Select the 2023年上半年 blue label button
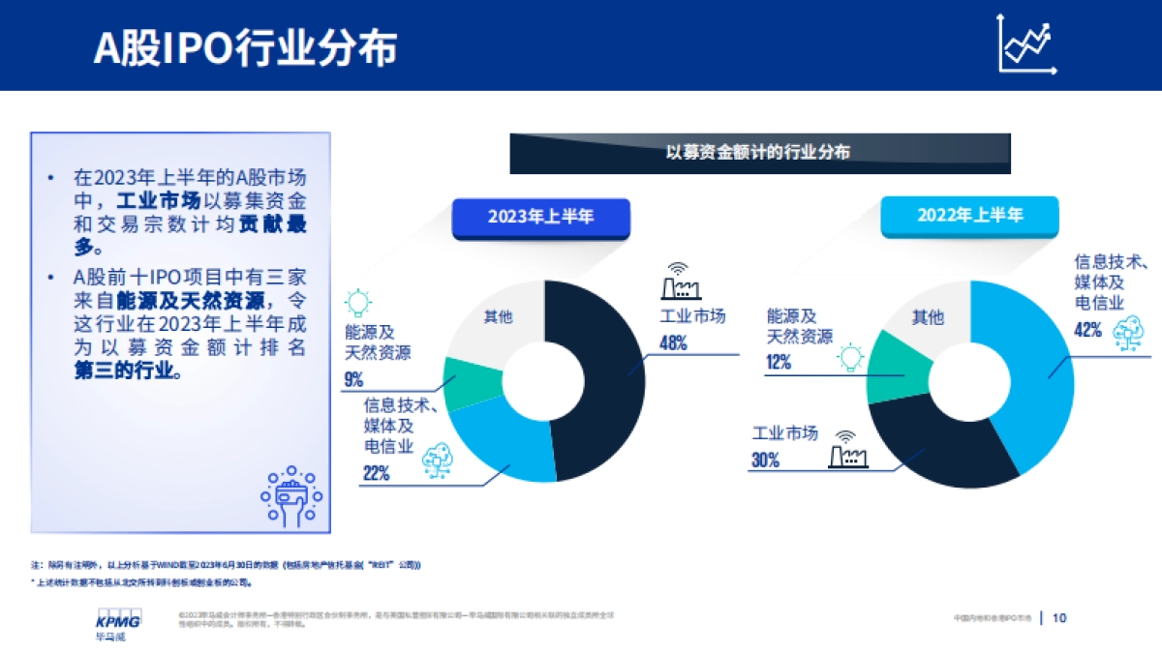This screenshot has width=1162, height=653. click(x=540, y=217)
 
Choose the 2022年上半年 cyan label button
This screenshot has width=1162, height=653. click(x=970, y=216)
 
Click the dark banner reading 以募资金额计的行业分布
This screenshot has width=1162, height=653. click(x=760, y=153)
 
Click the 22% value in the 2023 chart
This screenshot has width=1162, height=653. click(x=377, y=473)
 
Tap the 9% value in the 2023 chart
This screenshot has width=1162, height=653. click(x=353, y=380)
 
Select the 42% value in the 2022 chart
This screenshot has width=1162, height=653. click(x=1087, y=330)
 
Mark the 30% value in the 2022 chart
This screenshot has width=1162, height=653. click(x=765, y=460)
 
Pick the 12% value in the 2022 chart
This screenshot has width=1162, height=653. click(x=779, y=363)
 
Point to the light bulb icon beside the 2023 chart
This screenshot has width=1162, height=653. click(x=357, y=303)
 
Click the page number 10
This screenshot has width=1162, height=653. click(x=1058, y=617)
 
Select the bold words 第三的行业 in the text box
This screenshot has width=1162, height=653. click(x=128, y=371)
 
